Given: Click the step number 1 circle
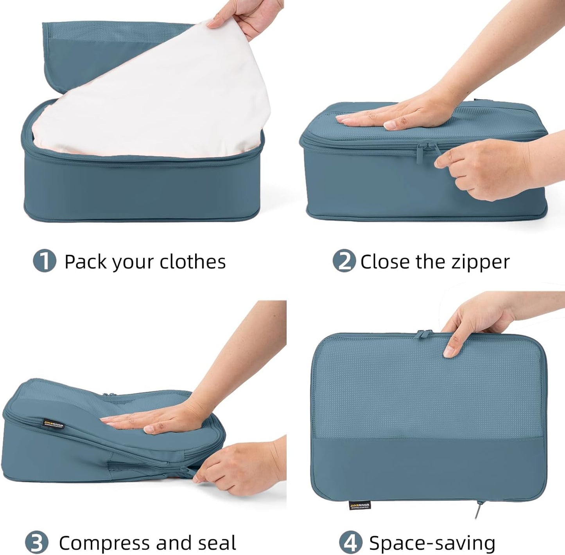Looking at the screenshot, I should coord(45,261).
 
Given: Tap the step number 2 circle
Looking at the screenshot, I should coord(344,261).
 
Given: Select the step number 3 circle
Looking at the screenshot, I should coord(37,542).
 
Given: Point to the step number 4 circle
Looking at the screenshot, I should coord(350,542).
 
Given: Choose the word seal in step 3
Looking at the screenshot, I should coord(217,543).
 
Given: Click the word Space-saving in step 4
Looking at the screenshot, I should coord(432,543).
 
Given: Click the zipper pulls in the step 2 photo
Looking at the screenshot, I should coord(428,150).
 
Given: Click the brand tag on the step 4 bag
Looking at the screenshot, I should coord(359,505).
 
